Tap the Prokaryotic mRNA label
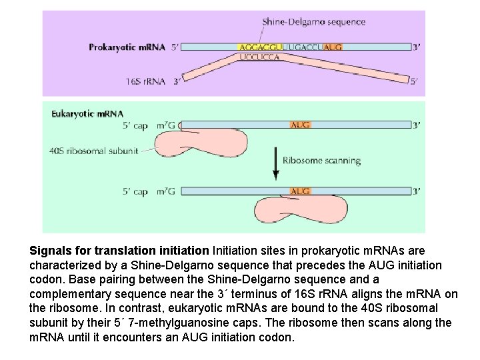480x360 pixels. tap(127, 47)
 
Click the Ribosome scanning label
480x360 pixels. tap(321, 160)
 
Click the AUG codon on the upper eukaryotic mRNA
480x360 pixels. tap(301, 125)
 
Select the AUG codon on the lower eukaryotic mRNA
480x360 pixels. tap(301, 191)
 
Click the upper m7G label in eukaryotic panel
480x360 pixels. tap(167, 125)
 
